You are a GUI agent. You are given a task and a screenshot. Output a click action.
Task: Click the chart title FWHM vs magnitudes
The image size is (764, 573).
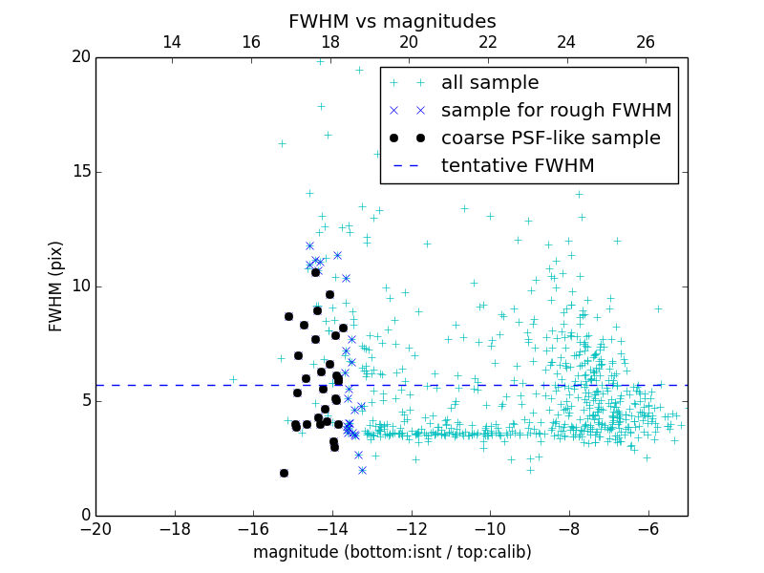click(x=392, y=21)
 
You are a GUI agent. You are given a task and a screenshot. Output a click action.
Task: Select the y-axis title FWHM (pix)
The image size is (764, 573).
click(x=56, y=286)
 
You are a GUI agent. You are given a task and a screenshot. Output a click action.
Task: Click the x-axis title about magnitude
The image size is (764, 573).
click(x=392, y=552)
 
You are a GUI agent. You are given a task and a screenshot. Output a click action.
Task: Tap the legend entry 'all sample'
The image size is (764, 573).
click(x=489, y=83)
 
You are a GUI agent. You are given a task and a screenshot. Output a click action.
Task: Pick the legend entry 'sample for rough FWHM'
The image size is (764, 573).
click(x=556, y=111)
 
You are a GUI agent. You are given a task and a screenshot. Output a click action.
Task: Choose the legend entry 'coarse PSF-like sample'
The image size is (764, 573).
click(x=550, y=138)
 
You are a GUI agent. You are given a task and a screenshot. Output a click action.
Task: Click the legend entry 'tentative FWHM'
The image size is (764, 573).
click(x=518, y=166)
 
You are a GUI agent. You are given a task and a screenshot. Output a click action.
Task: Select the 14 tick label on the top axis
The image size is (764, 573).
click(x=172, y=42)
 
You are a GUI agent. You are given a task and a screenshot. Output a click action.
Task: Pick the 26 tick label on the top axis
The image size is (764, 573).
click(x=646, y=42)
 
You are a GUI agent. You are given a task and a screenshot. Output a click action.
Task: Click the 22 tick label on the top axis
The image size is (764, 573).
click(x=488, y=42)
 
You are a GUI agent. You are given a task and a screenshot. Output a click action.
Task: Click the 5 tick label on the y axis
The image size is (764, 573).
click(x=84, y=401)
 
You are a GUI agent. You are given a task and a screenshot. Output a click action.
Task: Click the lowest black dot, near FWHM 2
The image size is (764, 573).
click(x=284, y=473)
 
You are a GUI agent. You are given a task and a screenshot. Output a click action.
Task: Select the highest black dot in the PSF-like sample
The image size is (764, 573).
click(x=315, y=272)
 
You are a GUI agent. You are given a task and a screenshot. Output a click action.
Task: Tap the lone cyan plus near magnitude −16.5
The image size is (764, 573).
click(x=233, y=379)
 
